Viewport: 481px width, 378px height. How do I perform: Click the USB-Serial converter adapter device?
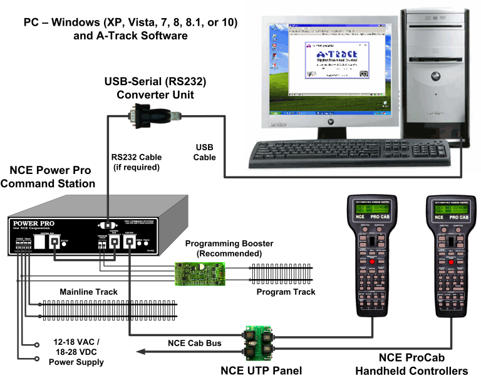click(151, 116)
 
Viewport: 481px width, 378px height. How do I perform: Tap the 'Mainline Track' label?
click(90, 292)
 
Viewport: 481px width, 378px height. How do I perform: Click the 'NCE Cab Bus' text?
click(194, 342)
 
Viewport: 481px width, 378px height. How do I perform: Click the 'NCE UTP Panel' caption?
click(261, 370)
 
